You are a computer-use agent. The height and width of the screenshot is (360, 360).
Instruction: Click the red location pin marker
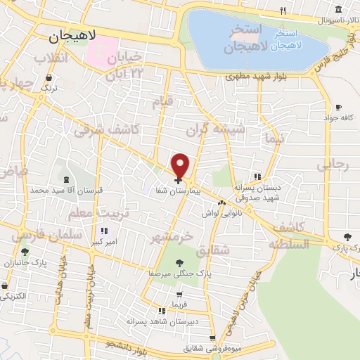coord(181,166)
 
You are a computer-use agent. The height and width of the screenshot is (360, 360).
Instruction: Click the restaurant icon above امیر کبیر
coord(104,231)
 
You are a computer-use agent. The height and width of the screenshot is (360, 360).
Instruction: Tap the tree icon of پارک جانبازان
coord(25,251)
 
